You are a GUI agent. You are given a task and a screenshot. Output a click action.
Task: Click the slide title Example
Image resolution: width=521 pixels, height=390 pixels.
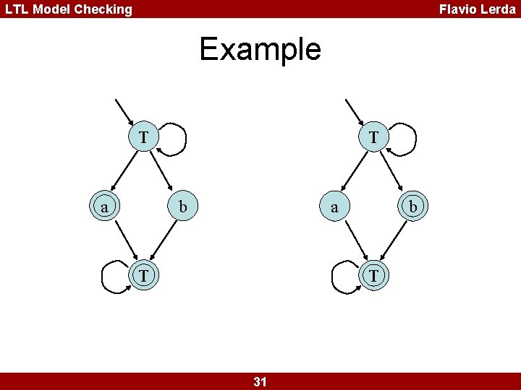(260, 49)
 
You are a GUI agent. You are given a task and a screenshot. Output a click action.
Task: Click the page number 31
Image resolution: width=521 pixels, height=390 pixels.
(260, 381)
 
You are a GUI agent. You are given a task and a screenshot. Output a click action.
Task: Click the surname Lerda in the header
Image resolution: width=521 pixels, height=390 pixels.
(499, 9)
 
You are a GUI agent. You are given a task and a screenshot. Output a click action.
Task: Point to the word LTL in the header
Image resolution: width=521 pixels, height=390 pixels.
(19, 9)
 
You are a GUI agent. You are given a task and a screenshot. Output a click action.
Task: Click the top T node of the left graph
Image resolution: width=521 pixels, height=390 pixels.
(144, 136)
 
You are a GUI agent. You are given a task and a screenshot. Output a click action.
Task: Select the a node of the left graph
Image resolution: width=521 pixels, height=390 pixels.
(106, 207)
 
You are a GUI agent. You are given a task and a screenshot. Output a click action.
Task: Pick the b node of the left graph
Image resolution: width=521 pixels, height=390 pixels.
(184, 207)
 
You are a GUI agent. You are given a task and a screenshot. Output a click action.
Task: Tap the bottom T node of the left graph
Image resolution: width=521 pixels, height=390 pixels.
(144, 276)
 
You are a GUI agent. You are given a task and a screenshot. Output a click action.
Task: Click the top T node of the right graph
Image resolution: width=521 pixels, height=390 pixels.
(373, 136)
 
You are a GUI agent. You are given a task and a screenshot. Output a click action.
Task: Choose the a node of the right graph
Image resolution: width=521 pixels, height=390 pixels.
(334, 207)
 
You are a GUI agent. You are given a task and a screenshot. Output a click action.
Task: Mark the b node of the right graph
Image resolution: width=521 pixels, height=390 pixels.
(413, 207)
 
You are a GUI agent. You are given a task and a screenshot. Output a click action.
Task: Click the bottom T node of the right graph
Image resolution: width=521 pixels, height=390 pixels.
(373, 276)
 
